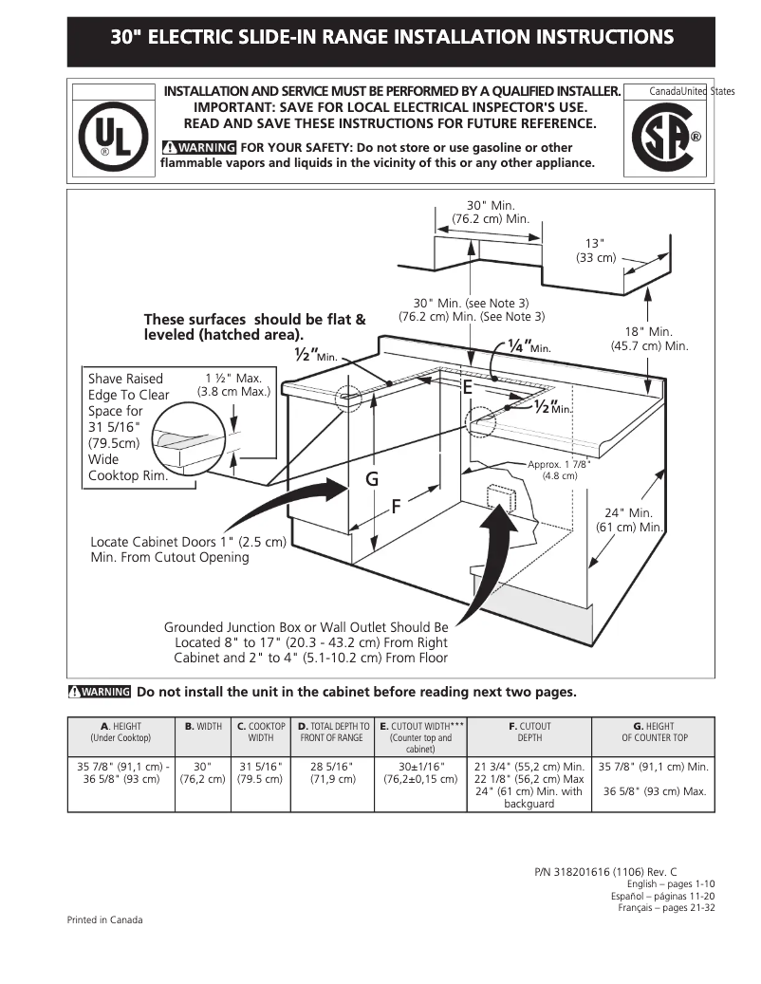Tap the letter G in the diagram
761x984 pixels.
(x=373, y=480)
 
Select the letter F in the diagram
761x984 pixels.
(x=399, y=506)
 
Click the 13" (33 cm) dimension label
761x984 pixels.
(x=596, y=251)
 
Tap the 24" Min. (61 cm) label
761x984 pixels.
(x=628, y=519)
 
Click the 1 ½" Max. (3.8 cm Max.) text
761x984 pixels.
(x=233, y=384)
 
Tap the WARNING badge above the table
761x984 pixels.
(x=100, y=692)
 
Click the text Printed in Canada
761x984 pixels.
(x=104, y=919)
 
